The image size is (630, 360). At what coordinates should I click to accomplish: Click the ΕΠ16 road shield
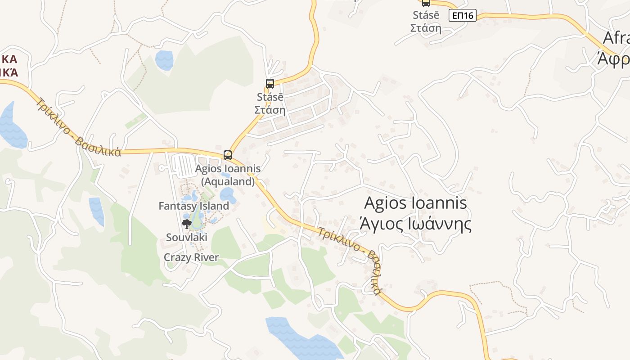click(x=462, y=16)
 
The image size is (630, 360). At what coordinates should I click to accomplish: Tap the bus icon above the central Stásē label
click(x=270, y=83)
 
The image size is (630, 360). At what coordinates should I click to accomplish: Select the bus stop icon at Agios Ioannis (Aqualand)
click(x=228, y=155)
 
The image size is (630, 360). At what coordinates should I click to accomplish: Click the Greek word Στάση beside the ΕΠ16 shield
click(x=425, y=28)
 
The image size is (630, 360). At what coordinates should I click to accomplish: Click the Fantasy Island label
click(x=193, y=206)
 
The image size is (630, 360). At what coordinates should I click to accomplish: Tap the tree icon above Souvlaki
click(x=186, y=224)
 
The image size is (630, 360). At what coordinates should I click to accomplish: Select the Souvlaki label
click(x=186, y=237)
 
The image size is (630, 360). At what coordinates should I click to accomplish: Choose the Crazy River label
click(x=191, y=257)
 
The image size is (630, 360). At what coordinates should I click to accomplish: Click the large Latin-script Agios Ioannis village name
click(x=415, y=203)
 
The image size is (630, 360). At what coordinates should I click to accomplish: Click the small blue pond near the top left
click(x=164, y=60)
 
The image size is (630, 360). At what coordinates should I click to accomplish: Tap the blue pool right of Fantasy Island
click(x=228, y=195)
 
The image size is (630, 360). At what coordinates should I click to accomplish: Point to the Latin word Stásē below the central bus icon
click(x=270, y=97)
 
